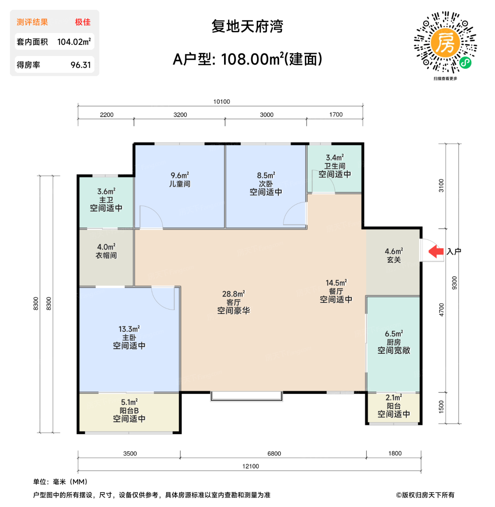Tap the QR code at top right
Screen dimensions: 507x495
[x=445, y=42]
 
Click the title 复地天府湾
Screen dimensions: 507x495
[x=247, y=26]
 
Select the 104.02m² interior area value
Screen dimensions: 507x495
[x=74, y=42]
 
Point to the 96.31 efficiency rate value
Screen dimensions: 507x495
[x=81, y=65]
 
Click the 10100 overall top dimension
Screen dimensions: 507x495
[x=222, y=102]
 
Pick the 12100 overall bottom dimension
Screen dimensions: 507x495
[x=251, y=466]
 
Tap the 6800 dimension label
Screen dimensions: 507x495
[x=274, y=454]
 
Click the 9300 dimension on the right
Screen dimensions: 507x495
[x=454, y=283]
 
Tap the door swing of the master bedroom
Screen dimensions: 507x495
[x=164, y=298]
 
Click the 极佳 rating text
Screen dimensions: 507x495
[x=83, y=22]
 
